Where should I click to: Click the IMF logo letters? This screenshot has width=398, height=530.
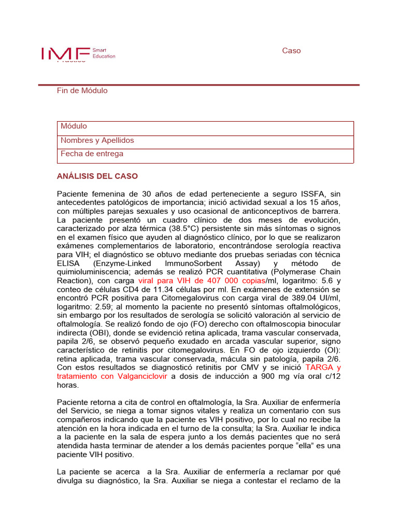tap(65, 53)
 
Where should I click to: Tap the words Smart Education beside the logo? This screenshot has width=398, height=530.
tap(104, 53)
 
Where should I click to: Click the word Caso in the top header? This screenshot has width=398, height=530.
tap(291, 51)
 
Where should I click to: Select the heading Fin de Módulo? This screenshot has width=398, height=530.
tap(82, 91)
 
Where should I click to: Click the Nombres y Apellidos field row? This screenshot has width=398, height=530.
tap(205, 141)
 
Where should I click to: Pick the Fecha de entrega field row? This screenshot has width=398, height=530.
tap(205, 154)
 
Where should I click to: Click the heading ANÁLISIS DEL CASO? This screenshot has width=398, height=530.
tap(97, 176)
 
